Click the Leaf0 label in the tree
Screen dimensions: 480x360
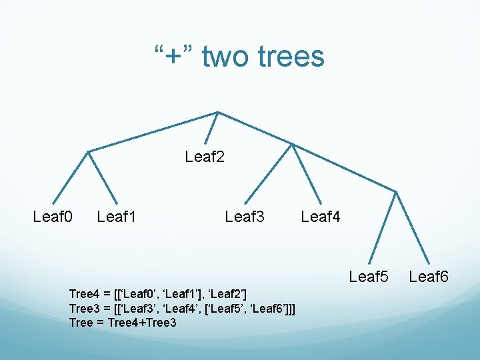(53, 217)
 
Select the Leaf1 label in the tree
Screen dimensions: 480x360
(117, 217)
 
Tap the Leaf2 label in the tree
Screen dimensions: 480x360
(205, 157)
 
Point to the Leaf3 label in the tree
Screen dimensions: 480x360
(245, 217)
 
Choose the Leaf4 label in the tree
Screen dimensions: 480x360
(321, 217)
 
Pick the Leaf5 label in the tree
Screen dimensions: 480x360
(369, 277)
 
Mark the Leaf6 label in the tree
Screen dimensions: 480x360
(429, 277)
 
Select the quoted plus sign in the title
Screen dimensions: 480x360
(174, 57)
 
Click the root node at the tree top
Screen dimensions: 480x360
(218, 112)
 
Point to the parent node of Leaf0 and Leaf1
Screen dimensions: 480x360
(89, 151)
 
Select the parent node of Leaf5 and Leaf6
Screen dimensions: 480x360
(396, 192)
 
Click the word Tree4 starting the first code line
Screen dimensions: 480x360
(83, 293)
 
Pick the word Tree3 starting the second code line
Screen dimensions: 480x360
(83, 308)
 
